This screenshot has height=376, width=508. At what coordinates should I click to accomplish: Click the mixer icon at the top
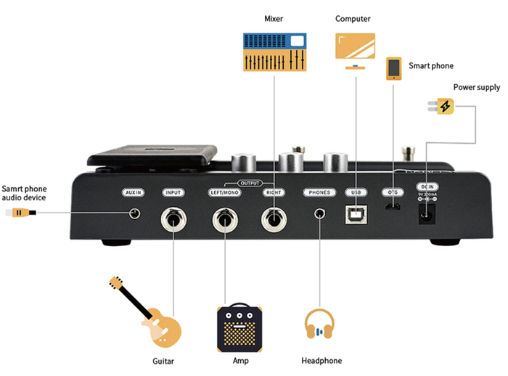[274, 51]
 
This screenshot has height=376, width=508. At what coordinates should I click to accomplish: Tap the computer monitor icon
[355, 50]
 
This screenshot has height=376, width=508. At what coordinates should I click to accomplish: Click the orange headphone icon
[319, 326]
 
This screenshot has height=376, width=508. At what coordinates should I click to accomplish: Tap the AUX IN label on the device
[134, 192]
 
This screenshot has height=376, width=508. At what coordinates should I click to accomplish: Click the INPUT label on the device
[173, 192]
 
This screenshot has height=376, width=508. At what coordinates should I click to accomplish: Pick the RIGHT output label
[274, 192]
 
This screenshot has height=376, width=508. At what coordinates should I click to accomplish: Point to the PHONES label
[319, 192]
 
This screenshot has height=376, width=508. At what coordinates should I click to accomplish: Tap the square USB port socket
[356, 213]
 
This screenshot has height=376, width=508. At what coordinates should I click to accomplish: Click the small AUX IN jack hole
[134, 213]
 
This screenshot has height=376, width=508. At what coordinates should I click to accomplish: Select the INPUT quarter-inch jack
[174, 218]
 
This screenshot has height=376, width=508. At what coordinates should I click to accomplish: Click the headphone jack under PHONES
[319, 213]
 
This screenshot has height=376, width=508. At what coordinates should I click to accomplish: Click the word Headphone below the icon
[321, 361]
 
